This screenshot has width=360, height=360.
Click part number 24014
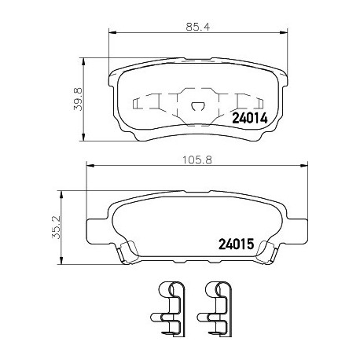[251, 118]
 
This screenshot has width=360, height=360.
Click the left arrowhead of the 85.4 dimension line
[109, 32]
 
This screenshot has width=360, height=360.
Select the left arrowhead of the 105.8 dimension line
[88, 165]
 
